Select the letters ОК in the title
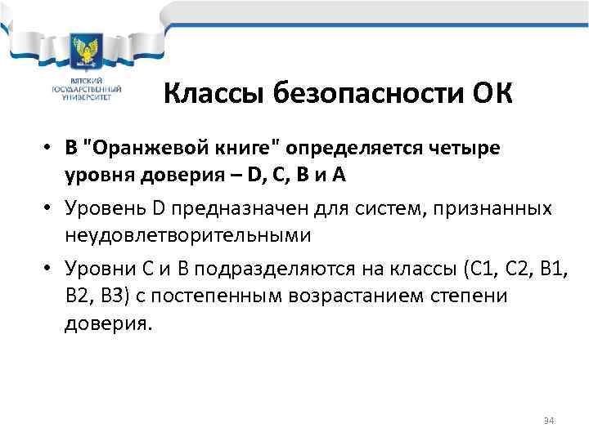[491, 93]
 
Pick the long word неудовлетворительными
[187, 235]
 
